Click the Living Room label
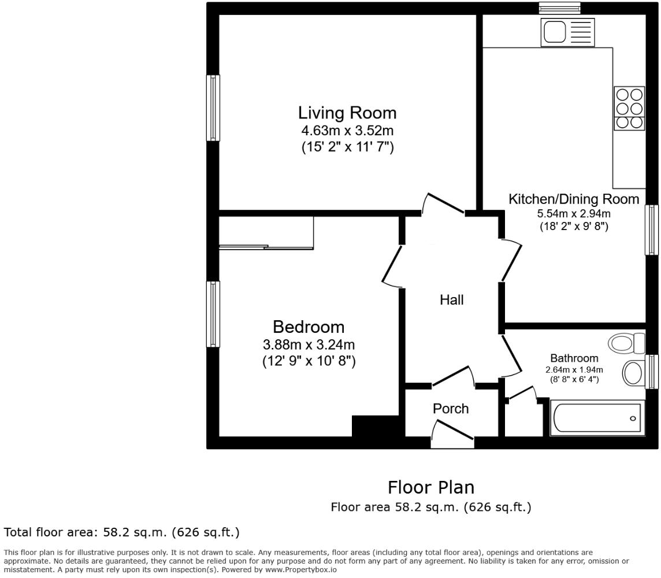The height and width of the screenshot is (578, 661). (347, 112)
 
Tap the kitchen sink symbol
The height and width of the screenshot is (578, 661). (567, 32)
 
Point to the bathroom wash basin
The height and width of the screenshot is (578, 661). (634, 373)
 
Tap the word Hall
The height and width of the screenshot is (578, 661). (451, 300)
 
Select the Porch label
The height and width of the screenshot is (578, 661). (451, 409)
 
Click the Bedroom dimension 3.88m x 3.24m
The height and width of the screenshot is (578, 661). (309, 345)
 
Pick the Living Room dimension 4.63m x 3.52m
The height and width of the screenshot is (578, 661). (347, 131)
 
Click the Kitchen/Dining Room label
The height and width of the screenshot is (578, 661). (573, 199)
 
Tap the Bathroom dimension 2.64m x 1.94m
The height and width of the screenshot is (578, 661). (574, 370)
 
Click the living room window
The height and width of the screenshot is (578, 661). (213, 108)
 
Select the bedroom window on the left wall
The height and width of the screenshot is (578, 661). (213, 314)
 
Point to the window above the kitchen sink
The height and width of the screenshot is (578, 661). (559, 8)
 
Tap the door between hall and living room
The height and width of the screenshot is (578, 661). (444, 203)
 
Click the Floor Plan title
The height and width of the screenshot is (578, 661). (430, 487)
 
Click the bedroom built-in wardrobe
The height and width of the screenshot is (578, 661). (266, 232)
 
